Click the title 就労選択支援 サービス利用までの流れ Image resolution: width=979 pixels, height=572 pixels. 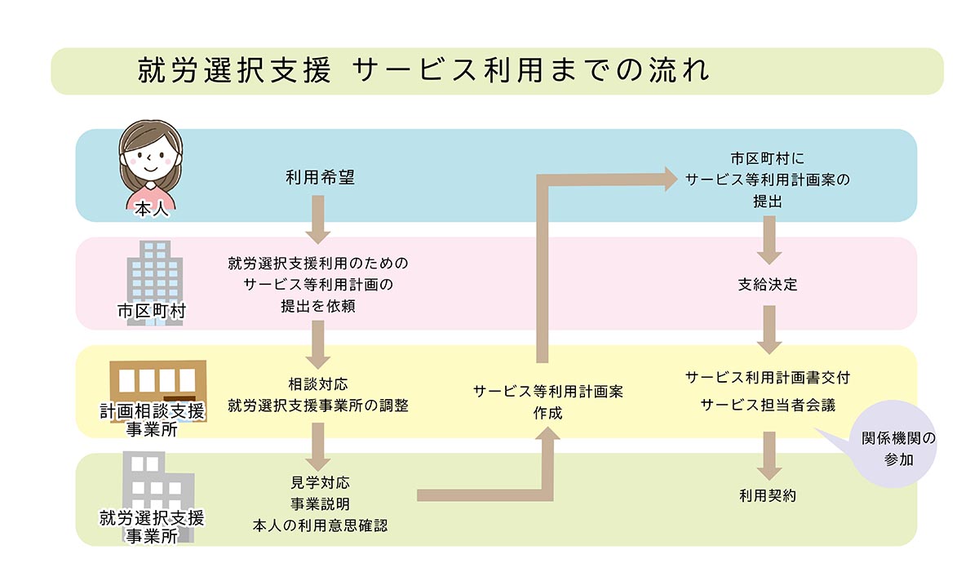point(423,71)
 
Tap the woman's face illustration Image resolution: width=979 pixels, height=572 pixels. point(150,153)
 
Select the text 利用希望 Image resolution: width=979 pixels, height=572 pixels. point(320,177)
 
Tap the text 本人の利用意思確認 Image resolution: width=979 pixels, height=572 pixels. point(320,525)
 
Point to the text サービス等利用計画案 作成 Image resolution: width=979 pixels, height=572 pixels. point(547,401)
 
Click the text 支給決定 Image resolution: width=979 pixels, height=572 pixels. point(768,286)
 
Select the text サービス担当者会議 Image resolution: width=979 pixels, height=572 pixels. point(768,405)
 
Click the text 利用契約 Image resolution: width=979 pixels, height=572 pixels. point(768,495)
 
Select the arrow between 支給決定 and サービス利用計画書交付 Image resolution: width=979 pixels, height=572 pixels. point(768,329)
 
